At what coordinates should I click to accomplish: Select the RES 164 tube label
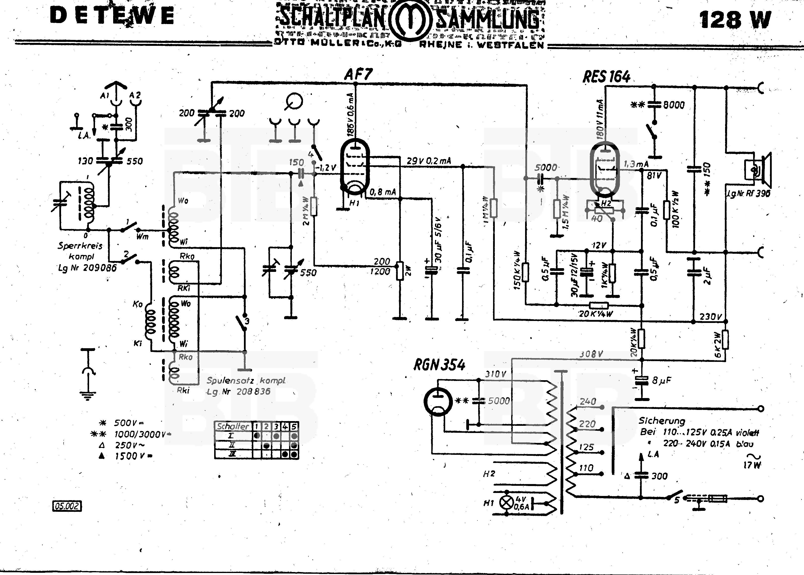click(606, 77)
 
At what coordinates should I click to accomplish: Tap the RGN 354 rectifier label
click(439, 365)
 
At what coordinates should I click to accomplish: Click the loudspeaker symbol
click(758, 170)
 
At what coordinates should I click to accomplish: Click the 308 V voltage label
click(591, 354)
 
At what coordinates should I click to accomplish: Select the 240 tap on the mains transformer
click(588, 402)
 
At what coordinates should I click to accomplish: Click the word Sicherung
click(662, 421)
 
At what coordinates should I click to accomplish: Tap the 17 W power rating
click(752, 465)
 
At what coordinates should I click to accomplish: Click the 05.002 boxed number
click(67, 506)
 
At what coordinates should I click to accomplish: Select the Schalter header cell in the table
click(233, 426)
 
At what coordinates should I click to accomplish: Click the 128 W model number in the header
click(735, 20)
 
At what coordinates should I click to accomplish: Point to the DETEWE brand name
click(112, 16)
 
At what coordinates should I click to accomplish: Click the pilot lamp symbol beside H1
click(506, 502)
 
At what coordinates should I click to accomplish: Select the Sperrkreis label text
click(80, 246)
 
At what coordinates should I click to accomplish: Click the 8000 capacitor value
click(673, 105)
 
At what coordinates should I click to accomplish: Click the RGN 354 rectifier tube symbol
click(438, 402)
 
